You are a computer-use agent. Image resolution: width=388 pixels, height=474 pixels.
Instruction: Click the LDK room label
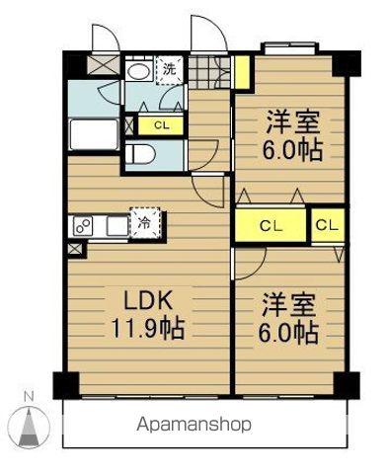coord(148,301)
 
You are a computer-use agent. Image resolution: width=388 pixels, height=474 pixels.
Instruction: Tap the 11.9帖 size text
coord(148,329)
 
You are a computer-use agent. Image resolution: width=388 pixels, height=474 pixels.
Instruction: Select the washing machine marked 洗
coord(169,70)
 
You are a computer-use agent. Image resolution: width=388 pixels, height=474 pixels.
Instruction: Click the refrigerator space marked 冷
coord(145,223)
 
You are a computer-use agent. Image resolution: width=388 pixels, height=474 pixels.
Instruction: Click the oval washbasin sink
coord(138,71)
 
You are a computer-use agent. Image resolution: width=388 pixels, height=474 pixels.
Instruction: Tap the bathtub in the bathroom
coord(94,134)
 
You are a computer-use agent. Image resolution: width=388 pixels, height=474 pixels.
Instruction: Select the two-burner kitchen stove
coord(83,226)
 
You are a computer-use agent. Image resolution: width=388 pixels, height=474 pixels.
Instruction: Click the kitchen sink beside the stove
coord(116,226)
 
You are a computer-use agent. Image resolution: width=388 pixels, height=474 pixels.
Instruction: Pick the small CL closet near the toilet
coord(161,124)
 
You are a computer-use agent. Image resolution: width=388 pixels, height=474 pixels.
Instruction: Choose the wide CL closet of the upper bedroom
coord(271,225)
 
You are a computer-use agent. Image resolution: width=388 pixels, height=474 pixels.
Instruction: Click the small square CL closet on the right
coord(328,225)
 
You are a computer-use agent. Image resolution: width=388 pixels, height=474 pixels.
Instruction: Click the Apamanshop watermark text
coord(194,425)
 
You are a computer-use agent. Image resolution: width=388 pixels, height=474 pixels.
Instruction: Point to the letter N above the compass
coord(30,397)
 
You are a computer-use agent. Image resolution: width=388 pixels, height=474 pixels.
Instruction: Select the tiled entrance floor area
coord(209,72)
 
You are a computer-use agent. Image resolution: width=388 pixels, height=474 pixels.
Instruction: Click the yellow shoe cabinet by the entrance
coord(243,72)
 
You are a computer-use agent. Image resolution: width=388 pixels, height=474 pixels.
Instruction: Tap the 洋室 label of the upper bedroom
coord(292,122)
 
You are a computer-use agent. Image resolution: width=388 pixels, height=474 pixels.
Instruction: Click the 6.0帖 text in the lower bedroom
coord(288,333)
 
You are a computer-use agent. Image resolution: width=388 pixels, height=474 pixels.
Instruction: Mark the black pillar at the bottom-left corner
coord(66,385)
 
